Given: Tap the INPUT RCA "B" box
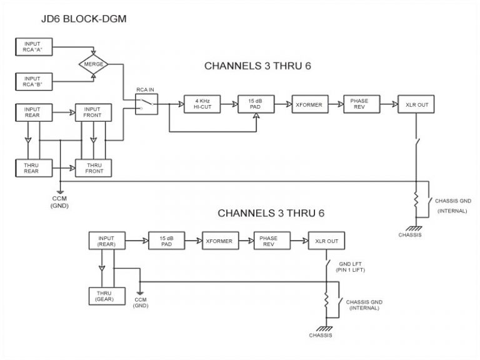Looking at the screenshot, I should (x=32, y=80).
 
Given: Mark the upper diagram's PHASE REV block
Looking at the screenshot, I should (x=359, y=104).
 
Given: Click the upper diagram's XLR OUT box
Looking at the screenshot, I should (x=413, y=104).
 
